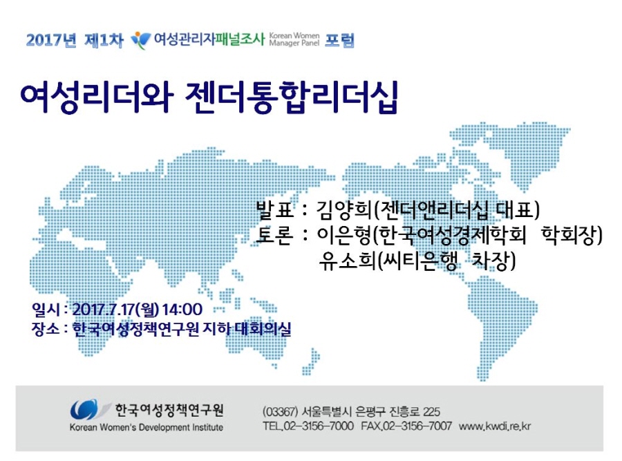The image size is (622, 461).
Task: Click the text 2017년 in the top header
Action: (51, 40)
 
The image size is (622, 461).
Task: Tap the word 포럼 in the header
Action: (339, 40)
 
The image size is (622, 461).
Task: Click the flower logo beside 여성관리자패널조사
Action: (140, 41)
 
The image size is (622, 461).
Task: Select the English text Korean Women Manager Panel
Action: (294, 39)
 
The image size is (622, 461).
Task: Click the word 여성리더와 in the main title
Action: (96, 97)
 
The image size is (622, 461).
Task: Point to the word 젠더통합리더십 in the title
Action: (292, 97)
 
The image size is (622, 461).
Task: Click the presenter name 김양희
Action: (343, 210)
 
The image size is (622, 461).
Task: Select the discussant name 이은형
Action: (343, 236)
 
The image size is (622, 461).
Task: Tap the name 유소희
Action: (347, 261)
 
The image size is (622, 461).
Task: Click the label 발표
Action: (275, 210)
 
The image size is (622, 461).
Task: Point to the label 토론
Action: (275, 235)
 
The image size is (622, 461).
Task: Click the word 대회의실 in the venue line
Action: (263, 328)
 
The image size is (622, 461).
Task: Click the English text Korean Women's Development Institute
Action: (147, 427)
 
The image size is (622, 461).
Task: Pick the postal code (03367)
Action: (280, 411)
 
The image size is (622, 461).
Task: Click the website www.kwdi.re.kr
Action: (495, 426)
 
